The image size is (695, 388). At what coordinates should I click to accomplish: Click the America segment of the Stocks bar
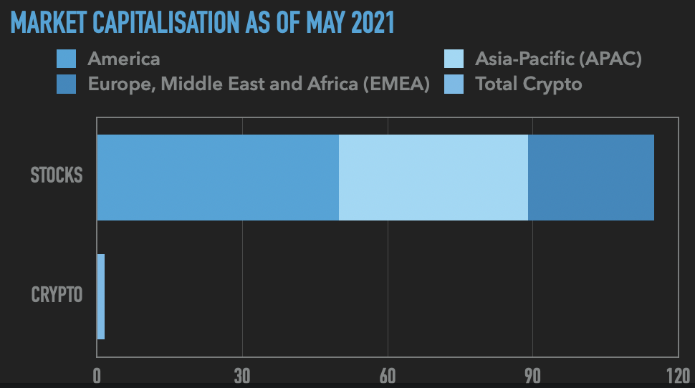pyautogui.click(x=218, y=177)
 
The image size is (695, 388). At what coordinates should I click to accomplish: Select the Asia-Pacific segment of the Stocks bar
pyautogui.click(x=433, y=177)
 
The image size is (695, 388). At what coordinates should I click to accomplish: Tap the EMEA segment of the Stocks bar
pyautogui.click(x=591, y=177)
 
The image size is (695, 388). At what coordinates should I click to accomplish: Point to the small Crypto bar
pyautogui.click(x=101, y=297)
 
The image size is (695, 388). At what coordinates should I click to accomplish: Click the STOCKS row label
pyautogui.click(x=57, y=175)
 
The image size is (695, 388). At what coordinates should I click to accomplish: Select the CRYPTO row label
pyautogui.click(x=57, y=295)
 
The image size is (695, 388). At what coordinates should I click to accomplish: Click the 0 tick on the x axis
pyautogui.click(x=97, y=376)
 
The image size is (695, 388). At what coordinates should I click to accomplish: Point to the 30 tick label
pyautogui.click(x=242, y=376)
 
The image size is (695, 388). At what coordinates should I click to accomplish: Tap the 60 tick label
pyautogui.click(x=388, y=376)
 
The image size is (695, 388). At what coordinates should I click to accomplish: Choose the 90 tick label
pyautogui.click(x=533, y=376)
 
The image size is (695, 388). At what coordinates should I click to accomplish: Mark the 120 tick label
pyautogui.click(x=678, y=376)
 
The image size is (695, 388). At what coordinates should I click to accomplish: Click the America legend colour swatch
pyautogui.click(x=66, y=59)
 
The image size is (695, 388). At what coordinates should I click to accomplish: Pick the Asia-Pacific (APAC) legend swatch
pyautogui.click(x=454, y=59)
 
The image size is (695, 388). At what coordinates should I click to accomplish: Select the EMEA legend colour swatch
pyautogui.click(x=66, y=84)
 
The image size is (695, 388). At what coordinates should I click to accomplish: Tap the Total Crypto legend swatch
pyautogui.click(x=454, y=84)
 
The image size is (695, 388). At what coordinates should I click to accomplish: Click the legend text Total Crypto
pyautogui.click(x=528, y=84)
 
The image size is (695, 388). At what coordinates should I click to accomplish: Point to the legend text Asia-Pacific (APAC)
pyautogui.click(x=558, y=59)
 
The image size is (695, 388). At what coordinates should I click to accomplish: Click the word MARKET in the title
pyautogui.click(x=49, y=23)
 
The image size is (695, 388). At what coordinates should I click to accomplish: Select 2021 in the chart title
pyautogui.click(x=373, y=23)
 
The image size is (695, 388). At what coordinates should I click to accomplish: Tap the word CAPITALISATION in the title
pyautogui.click(x=166, y=23)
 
